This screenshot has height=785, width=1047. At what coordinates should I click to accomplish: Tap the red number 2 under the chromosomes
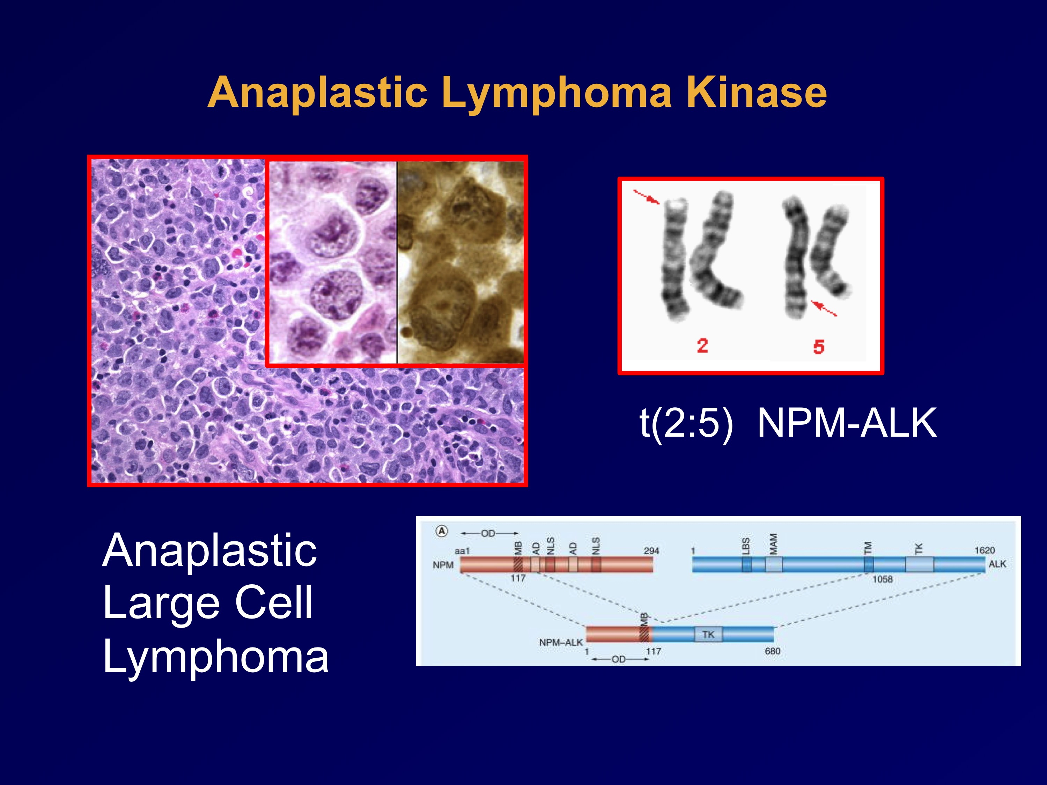[x=702, y=346]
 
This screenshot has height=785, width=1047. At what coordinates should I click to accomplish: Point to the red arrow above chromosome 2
[x=646, y=197]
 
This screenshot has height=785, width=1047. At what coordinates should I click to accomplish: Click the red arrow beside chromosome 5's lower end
[x=824, y=308]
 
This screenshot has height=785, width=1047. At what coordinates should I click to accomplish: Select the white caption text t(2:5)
[x=686, y=423]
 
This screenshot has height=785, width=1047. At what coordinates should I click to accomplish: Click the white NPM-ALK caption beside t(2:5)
[x=847, y=423]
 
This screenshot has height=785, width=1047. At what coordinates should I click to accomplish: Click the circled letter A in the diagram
[x=441, y=531]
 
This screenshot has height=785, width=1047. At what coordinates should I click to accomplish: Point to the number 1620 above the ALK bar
[x=984, y=550]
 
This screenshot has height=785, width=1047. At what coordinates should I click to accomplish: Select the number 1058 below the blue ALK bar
[x=882, y=579]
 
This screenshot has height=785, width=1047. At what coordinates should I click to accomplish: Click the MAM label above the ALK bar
[x=773, y=544]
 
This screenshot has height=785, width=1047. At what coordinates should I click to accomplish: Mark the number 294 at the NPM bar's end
[x=651, y=551]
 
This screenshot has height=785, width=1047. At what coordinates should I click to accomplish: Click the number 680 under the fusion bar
[x=773, y=651]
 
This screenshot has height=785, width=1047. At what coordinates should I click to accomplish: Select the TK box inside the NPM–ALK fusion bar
[x=709, y=634]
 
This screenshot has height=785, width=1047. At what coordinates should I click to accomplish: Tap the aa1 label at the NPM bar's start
[x=462, y=551]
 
